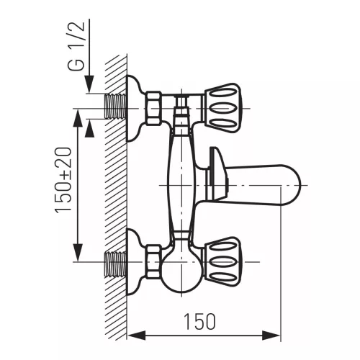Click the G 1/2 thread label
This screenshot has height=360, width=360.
click(76, 46)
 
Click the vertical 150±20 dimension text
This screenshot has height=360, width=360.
click(63, 180)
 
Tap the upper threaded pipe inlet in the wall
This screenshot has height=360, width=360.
click(116, 106)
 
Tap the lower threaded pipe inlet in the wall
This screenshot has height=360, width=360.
click(116, 264)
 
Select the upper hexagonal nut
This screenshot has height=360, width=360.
click(153, 108)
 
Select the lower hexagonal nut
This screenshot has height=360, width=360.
click(153, 262)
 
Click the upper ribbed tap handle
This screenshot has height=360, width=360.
click(222, 108)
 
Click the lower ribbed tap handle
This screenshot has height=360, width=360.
click(222, 261)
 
